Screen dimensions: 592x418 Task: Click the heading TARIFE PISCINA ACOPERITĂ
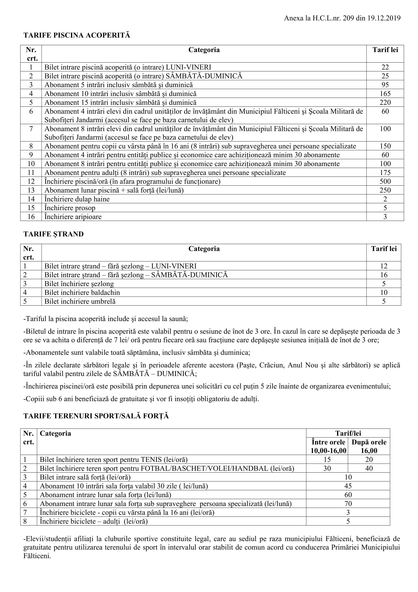click(76, 35)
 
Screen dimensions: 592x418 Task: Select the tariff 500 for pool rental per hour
click(385, 181)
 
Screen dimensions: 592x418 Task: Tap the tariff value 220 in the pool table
click(385, 102)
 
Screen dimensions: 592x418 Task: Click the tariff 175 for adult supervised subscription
click(385, 173)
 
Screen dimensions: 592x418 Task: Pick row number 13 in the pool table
click(31, 190)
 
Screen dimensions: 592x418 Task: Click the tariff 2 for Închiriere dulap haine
click(385, 199)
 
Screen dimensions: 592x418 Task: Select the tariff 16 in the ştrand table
click(384, 275)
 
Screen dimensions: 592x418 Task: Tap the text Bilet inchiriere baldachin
click(82, 292)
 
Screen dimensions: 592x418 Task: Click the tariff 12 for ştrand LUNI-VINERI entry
click(384, 266)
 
